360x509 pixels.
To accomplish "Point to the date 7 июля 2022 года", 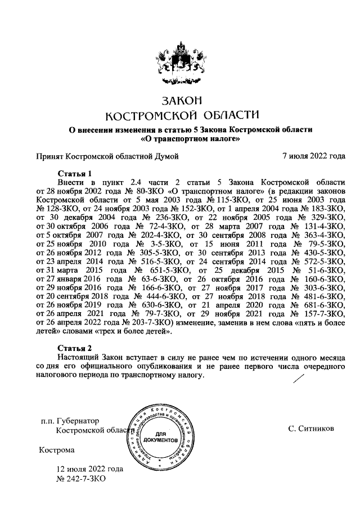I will click(x=313, y=156).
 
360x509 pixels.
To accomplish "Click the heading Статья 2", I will click(x=74, y=348).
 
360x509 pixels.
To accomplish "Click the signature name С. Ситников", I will click(x=310, y=429).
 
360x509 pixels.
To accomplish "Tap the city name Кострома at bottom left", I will click(x=56, y=451).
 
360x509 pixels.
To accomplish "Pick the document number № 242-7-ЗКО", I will click(x=81, y=478).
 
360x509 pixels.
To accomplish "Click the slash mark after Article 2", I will click(x=294, y=381).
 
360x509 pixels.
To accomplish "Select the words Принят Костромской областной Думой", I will click(x=107, y=156).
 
